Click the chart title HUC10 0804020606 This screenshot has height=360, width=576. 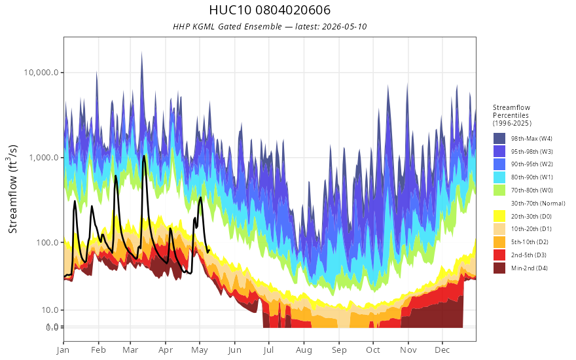270,10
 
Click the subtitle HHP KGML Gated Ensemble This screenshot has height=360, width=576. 227,26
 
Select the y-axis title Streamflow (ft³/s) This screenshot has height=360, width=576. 13,189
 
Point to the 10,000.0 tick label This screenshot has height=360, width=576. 41,73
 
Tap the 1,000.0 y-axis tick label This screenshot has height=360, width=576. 44,158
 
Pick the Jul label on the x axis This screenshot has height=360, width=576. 268,350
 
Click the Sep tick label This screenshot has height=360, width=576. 339,350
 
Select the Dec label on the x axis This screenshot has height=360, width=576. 442,350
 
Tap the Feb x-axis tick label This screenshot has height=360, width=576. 98,350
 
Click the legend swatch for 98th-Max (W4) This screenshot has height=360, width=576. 499,139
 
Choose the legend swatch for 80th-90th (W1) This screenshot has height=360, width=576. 499,177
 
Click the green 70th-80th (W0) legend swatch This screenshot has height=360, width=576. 499,190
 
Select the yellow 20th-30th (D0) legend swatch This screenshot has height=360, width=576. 499,216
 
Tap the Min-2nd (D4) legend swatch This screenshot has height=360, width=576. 499,268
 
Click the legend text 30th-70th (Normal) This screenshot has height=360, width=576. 538,203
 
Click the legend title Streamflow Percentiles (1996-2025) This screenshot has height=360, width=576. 512,115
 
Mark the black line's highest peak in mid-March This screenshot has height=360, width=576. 144,156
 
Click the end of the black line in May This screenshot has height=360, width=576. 209,251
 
